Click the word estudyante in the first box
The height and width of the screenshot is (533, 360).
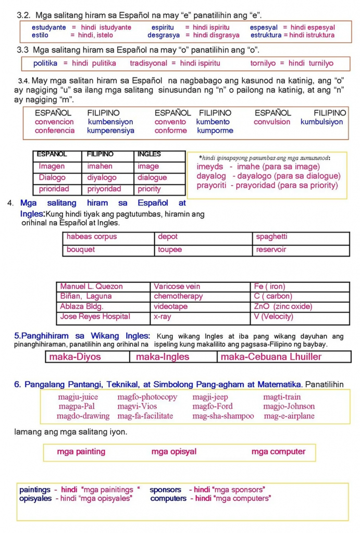pyautogui.click(x=49, y=28)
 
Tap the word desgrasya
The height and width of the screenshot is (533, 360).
pyautogui.click(x=164, y=35)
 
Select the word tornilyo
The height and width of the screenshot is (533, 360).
pyautogui.click(x=263, y=64)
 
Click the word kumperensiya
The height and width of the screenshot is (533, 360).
pyautogui.click(x=111, y=131)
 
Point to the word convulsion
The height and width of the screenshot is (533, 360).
pyautogui.click(x=272, y=122)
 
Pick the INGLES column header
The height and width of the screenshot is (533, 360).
pyautogui.click(x=149, y=155)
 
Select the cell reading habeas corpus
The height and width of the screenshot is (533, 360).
pyautogui.click(x=92, y=237)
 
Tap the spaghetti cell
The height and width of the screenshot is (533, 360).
pyautogui.click(x=271, y=237)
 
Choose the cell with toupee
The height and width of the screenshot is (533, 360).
pyautogui.click(x=170, y=250)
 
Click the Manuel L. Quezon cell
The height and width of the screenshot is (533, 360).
pyautogui.click(x=92, y=286)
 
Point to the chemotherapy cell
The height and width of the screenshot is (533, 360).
pyautogui.click(x=178, y=296)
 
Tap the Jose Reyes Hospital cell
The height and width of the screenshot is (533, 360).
pyautogui.click(x=95, y=316)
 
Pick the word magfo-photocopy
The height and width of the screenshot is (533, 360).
pyautogui.click(x=147, y=397)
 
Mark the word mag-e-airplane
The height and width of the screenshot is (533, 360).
pyautogui.click(x=289, y=416)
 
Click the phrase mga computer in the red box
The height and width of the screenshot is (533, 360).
pyautogui.click(x=278, y=452)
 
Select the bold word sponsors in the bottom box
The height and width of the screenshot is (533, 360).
pyautogui.click(x=166, y=490)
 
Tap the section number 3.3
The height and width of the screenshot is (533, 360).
pyautogui.click(x=23, y=50)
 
